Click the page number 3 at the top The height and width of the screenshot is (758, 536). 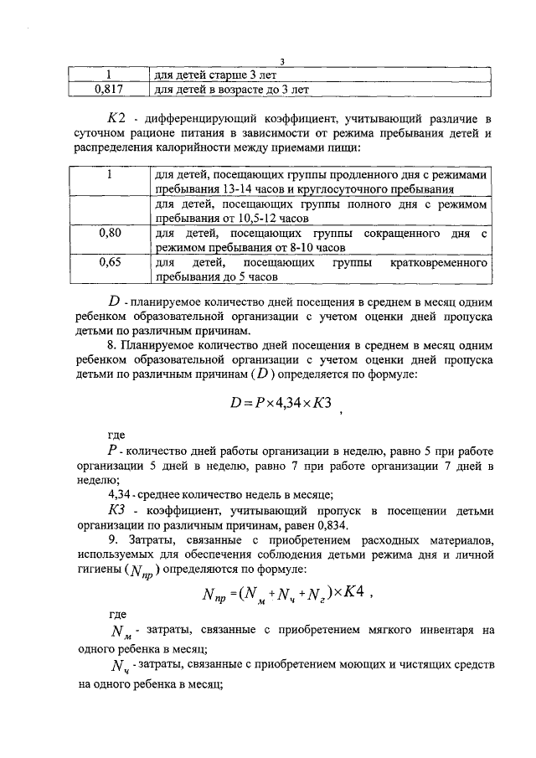point(282,61)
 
